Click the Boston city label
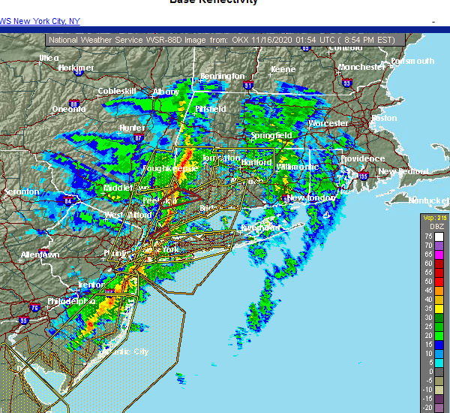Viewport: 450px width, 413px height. (x=384, y=118)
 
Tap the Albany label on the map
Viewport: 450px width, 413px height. (x=165, y=92)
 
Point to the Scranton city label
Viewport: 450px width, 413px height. (x=21, y=192)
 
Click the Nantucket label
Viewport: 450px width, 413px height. (x=428, y=200)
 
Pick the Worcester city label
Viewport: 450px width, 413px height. (x=328, y=123)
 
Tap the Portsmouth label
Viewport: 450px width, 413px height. (x=412, y=61)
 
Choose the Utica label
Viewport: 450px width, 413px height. (x=49, y=57)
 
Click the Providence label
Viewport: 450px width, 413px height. (x=362, y=159)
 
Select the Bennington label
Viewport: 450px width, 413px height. (x=222, y=77)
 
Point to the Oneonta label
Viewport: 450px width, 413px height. (x=68, y=109)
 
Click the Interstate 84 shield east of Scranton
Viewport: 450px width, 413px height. (x=70, y=200)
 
